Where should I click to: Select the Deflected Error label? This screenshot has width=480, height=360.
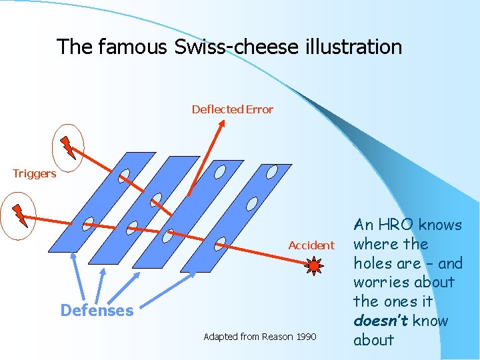click(232, 109)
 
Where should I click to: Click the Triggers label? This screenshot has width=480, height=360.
click(34, 174)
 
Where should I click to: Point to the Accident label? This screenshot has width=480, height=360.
click(311, 245)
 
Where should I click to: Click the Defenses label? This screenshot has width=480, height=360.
click(97, 311)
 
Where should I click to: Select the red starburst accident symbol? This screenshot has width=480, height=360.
click(314, 267)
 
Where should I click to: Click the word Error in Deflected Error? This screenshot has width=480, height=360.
click(259, 109)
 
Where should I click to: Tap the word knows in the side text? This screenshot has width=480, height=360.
click(441, 225)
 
